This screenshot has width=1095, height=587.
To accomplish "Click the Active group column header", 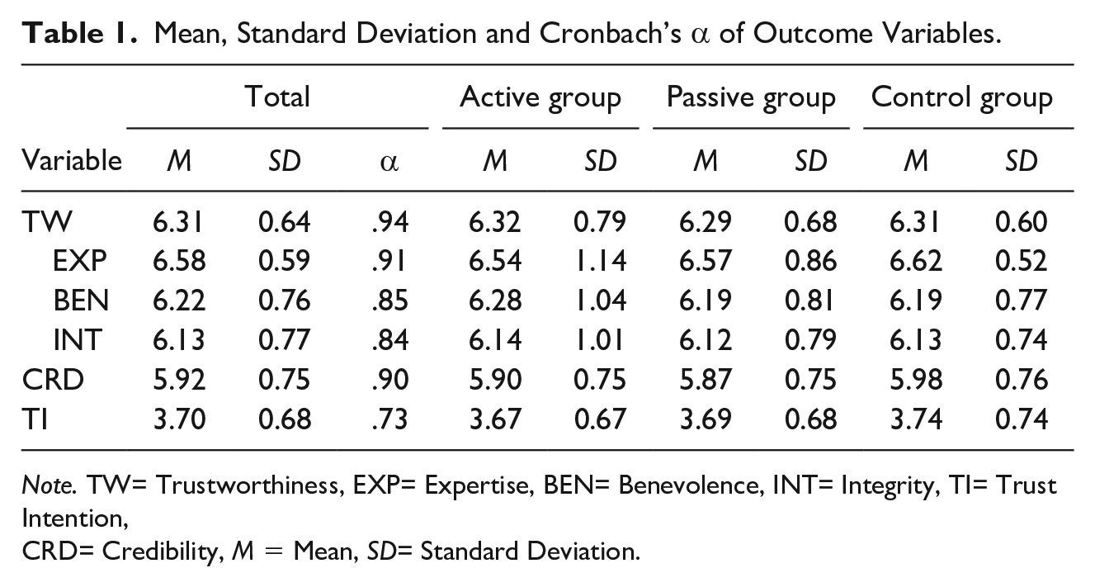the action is pos(540,97).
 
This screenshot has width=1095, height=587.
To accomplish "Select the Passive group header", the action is pos(751,97).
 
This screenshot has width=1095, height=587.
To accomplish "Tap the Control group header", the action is pos(961,97).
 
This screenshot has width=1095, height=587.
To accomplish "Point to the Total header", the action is pos(277,97).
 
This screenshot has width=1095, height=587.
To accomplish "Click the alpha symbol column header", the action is pos(389,162).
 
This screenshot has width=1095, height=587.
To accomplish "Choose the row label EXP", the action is pos(80,260).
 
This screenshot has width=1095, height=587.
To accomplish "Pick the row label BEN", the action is pos(81,300).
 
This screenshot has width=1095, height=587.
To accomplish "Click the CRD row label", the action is pos(53,380).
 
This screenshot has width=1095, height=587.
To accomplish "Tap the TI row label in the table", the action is pos(35,419).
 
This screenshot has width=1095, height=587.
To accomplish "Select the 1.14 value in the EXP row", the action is pos(600,260).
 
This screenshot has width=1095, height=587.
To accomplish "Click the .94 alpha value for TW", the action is pos(389,221).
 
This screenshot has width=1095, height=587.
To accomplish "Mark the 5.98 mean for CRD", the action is pos(916,380).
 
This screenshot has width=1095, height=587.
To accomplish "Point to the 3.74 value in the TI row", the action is pos(916,419).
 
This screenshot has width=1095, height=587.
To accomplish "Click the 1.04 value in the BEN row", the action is pos(600,300).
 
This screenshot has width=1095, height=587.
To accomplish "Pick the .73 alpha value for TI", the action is pos(389,419).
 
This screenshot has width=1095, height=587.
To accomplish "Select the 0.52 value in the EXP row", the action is pos(1021,260).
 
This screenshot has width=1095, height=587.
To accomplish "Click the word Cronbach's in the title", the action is pos(610,34).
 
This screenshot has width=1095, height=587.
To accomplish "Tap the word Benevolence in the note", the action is pos(654,485).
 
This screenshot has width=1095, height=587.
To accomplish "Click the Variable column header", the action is pos(72,160).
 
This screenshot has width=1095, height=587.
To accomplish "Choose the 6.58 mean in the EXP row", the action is pos(179,260).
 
